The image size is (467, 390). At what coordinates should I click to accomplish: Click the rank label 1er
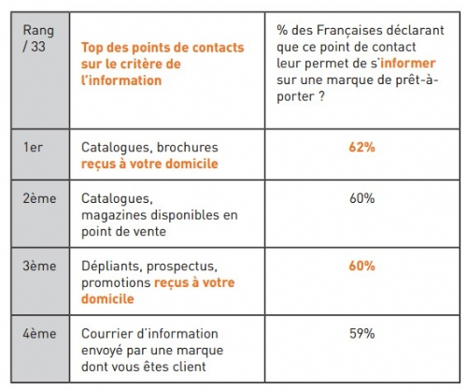click(x=33, y=147)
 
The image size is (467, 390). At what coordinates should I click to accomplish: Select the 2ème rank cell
click(x=40, y=214)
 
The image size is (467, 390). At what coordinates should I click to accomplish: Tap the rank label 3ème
click(x=39, y=266)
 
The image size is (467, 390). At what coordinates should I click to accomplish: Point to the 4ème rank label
click(x=39, y=334)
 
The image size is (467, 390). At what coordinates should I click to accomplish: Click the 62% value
click(x=361, y=147)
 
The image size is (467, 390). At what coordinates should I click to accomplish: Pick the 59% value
click(x=361, y=334)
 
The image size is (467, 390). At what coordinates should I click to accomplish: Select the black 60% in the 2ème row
click(x=361, y=198)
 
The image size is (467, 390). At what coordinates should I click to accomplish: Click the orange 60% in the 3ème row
click(x=361, y=266)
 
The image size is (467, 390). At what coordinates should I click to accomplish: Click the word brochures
click(x=188, y=147)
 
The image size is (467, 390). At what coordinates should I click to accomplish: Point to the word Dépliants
click(x=112, y=267)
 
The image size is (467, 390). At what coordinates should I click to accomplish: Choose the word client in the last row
click(x=189, y=367)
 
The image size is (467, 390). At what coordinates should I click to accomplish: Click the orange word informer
click(x=408, y=64)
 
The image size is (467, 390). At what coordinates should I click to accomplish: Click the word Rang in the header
click(x=38, y=31)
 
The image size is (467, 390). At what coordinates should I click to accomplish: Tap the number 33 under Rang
click(x=38, y=47)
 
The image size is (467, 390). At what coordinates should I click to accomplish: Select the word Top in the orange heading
click(x=92, y=49)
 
